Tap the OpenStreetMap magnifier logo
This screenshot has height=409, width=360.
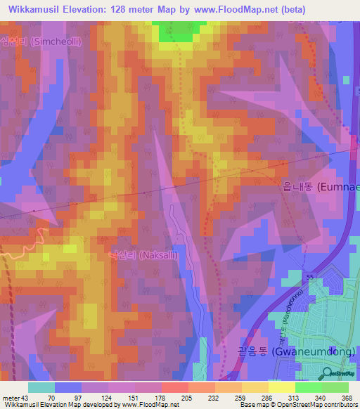point(327,373)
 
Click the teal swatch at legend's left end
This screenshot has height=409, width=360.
point(41,387)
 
